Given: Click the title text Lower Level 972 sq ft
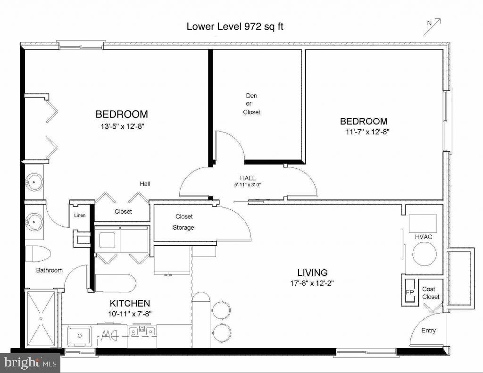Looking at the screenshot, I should pos(235,26).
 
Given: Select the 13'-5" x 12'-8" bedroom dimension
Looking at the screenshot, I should pos(122,126).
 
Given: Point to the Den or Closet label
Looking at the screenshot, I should pos(251,104).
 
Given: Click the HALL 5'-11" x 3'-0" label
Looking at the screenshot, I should pos(248,181).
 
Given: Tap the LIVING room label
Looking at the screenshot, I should pos(312,273).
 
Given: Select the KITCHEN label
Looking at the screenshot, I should pos(130,303).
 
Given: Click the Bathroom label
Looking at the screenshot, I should pos(50,270).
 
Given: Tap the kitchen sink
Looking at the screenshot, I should pos(78,336).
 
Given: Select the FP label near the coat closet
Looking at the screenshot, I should pos(409,292).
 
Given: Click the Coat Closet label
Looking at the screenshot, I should pos(431,293).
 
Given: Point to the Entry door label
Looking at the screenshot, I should pos(428,331).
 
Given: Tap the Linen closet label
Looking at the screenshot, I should pos(79,216).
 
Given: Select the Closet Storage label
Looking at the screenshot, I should pos(183,222).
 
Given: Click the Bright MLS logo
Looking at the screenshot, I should pos(30,363).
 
